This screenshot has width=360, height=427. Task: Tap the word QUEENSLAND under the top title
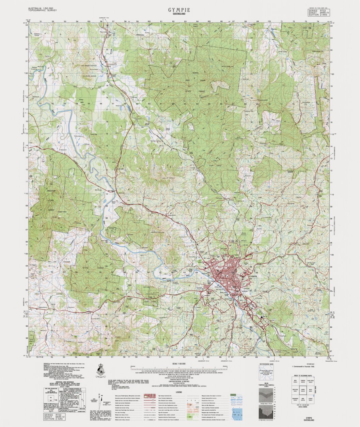click(x=179, y=15)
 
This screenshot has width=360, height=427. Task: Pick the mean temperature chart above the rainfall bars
click(x=267, y=398)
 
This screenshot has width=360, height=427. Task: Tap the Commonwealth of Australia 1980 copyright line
click(x=306, y=366)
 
